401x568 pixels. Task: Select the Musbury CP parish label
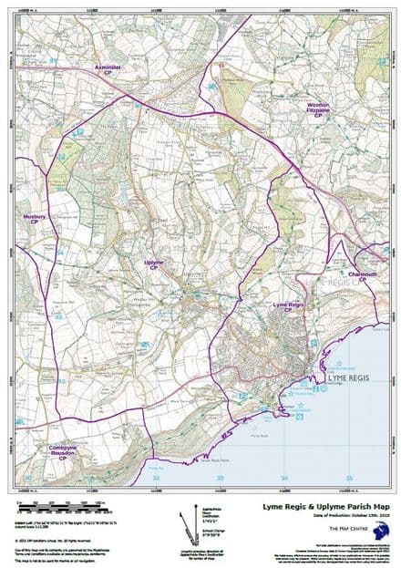point(36,219)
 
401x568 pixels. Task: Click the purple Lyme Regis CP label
point(288,306)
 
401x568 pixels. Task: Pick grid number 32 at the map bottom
point(156,477)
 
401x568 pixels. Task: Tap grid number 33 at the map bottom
point(220,477)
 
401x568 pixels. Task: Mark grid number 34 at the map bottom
point(283,477)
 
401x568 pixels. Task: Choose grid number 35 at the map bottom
point(348,477)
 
